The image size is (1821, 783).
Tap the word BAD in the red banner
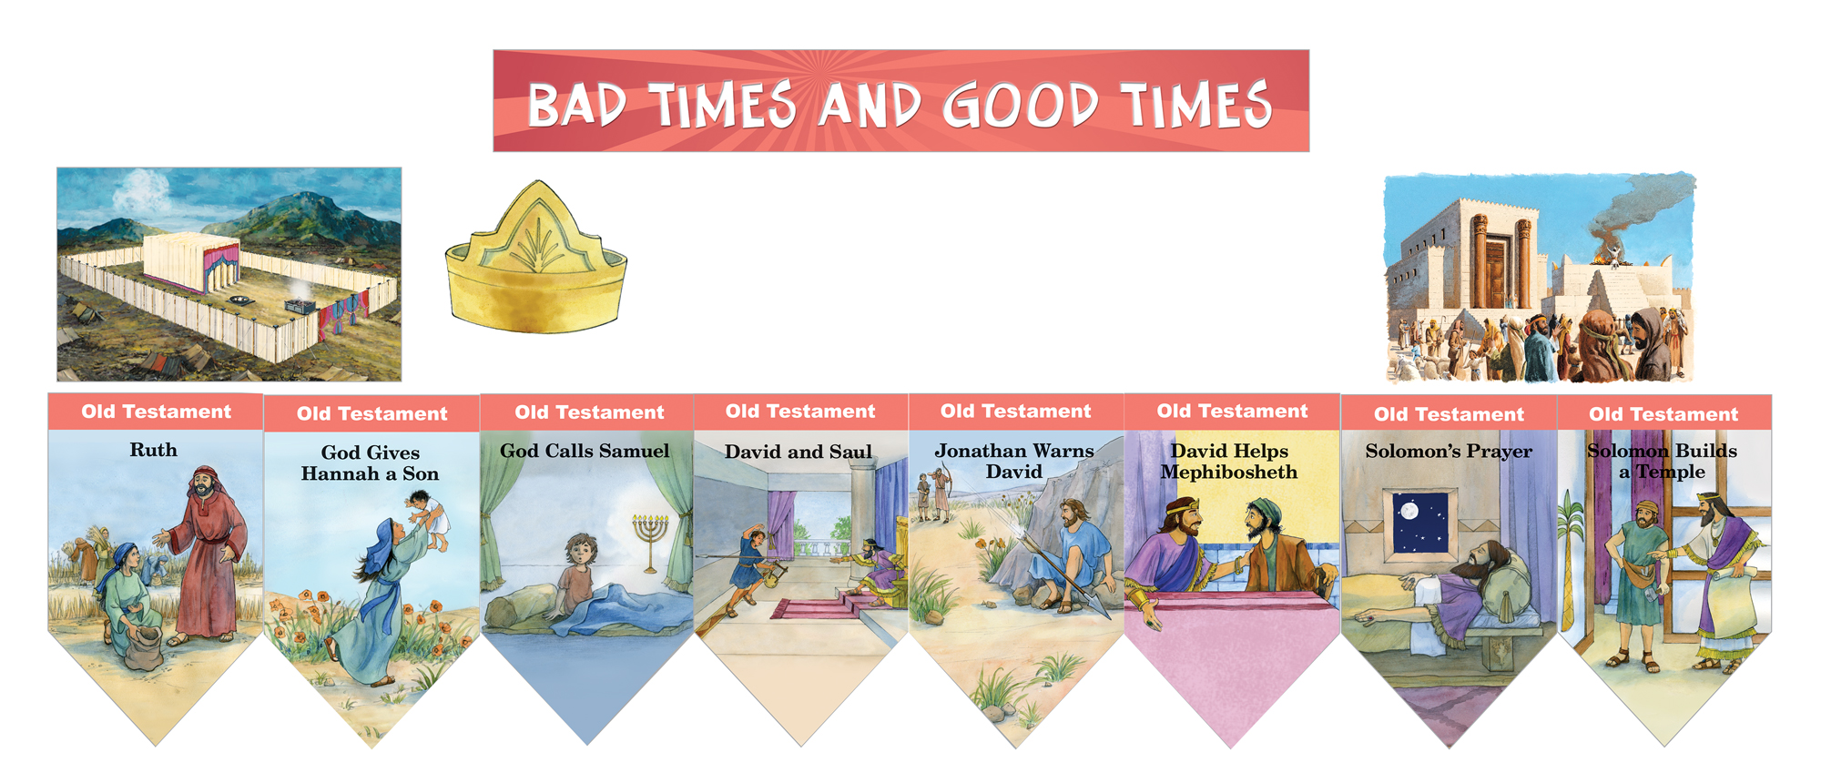click(x=576, y=106)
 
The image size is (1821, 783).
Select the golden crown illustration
click(x=536, y=260)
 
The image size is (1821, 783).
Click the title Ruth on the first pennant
click(x=153, y=450)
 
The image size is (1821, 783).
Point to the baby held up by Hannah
click(x=428, y=517)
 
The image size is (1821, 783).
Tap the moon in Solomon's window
click(x=1409, y=511)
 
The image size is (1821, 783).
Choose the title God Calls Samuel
click(x=585, y=451)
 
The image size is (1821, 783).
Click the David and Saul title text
click(x=799, y=452)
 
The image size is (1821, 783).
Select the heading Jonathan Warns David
click(x=1014, y=461)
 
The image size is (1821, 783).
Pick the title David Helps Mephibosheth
click(x=1229, y=462)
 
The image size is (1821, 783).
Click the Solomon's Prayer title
click(x=1449, y=451)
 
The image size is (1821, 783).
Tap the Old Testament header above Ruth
click(x=156, y=412)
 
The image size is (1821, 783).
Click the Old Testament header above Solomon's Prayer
click(x=1449, y=414)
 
